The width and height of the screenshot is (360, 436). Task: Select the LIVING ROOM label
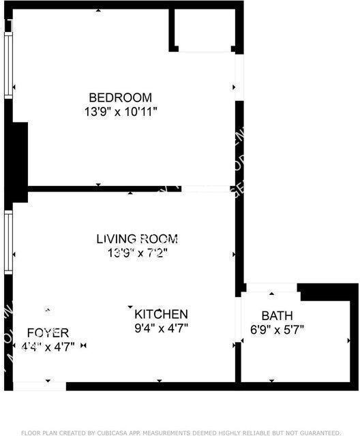pyautogui.click(x=137, y=239)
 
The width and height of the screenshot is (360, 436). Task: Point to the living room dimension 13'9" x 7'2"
pyautogui.click(x=137, y=253)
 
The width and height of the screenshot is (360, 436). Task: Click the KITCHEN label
pyautogui.click(x=161, y=314)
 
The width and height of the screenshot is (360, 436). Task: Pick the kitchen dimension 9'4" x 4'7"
pyautogui.click(x=161, y=328)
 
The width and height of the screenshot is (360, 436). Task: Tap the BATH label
pyautogui.click(x=277, y=316)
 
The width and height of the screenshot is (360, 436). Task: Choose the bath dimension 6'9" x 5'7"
pyautogui.click(x=277, y=330)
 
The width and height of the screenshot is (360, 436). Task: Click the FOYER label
pyautogui.click(x=48, y=332)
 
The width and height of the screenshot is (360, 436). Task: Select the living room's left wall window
pyautogui.click(x=8, y=242)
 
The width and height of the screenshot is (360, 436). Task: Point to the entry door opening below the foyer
pyautogui.click(x=40, y=386)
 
